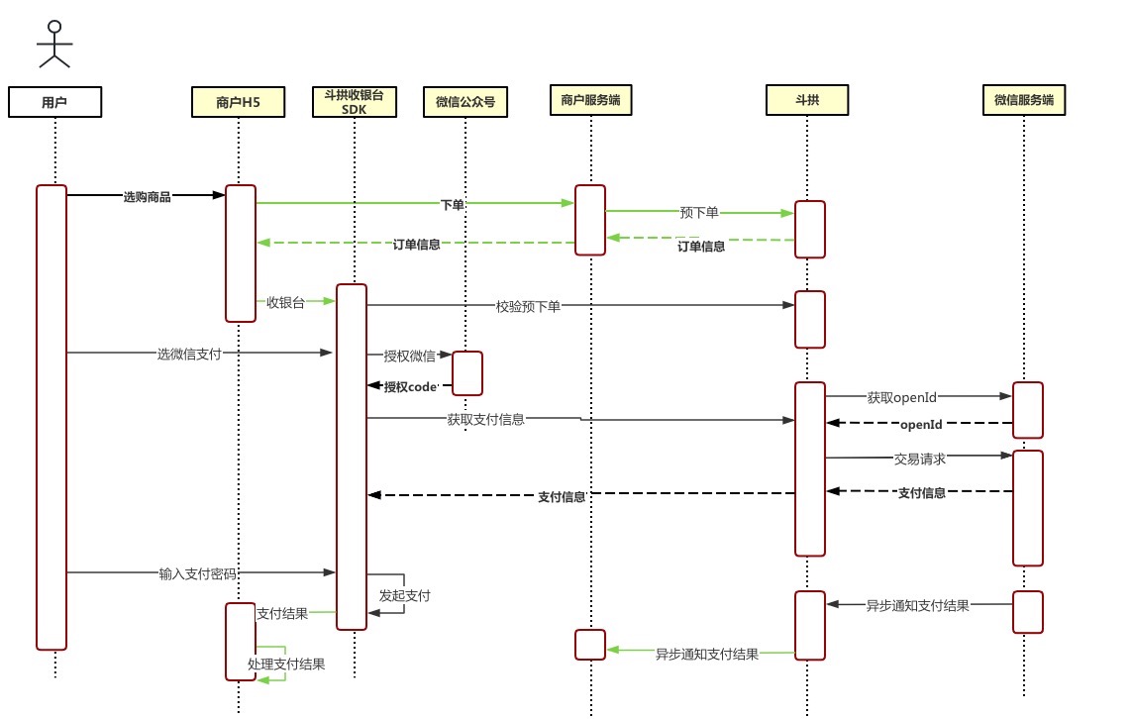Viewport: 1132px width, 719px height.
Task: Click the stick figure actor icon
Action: [55, 44]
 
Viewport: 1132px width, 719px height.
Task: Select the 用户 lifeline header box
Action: [54, 101]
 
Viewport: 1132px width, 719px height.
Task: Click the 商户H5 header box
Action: [238, 101]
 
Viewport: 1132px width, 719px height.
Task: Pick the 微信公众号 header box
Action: [465, 101]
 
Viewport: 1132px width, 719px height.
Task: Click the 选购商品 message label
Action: [147, 197]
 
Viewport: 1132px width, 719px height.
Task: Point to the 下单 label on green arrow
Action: [452, 204]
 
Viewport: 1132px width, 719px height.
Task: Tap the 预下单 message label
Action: [700, 212]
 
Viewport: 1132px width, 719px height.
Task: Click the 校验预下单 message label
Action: [528, 307]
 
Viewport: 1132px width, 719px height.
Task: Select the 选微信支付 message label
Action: [188, 353]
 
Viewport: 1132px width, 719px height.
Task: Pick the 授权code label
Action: [410, 387]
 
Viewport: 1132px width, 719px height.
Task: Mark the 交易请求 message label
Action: [920, 459]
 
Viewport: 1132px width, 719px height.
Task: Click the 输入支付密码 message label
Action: [196, 573]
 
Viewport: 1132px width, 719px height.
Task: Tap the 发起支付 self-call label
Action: [404, 596]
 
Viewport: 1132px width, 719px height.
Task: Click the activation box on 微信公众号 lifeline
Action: [467, 373]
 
